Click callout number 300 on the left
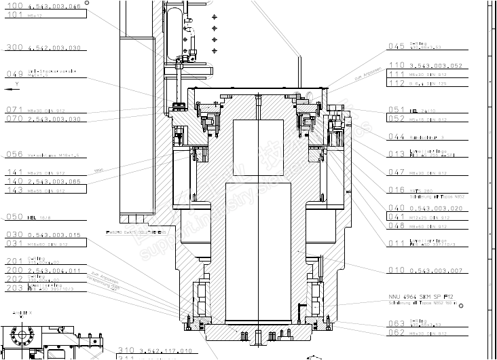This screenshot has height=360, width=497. click(14, 48)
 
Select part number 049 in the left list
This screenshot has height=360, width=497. click(14, 74)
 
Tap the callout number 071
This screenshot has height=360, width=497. click(14, 109)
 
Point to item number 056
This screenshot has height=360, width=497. click(14, 155)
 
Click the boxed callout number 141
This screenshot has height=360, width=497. click(14, 173)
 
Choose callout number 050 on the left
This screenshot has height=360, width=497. click(14, 217)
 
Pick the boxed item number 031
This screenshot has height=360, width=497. click(14, 242)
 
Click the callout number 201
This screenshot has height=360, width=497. click(14, 262)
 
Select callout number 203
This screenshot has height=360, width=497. click(14, 288)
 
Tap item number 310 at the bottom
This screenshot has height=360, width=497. click(127, 350)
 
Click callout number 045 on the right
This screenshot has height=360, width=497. click(397, 47)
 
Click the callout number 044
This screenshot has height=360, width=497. click(397, 137)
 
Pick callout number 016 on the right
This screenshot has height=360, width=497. click(397, 190)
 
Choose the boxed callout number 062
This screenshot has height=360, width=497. click(397, 332)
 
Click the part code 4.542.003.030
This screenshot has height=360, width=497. click(54, 48)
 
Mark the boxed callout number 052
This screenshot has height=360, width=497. click(397, 118)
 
